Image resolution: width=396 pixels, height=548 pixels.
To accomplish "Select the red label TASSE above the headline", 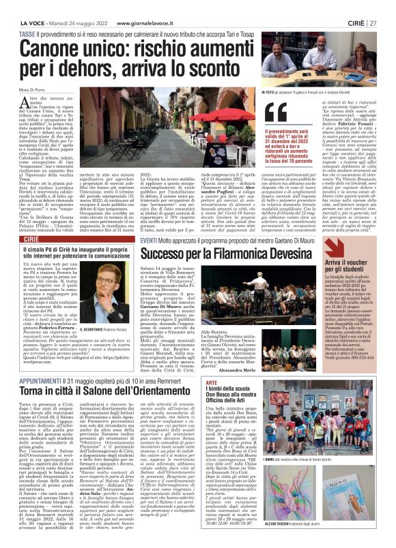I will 27,16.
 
